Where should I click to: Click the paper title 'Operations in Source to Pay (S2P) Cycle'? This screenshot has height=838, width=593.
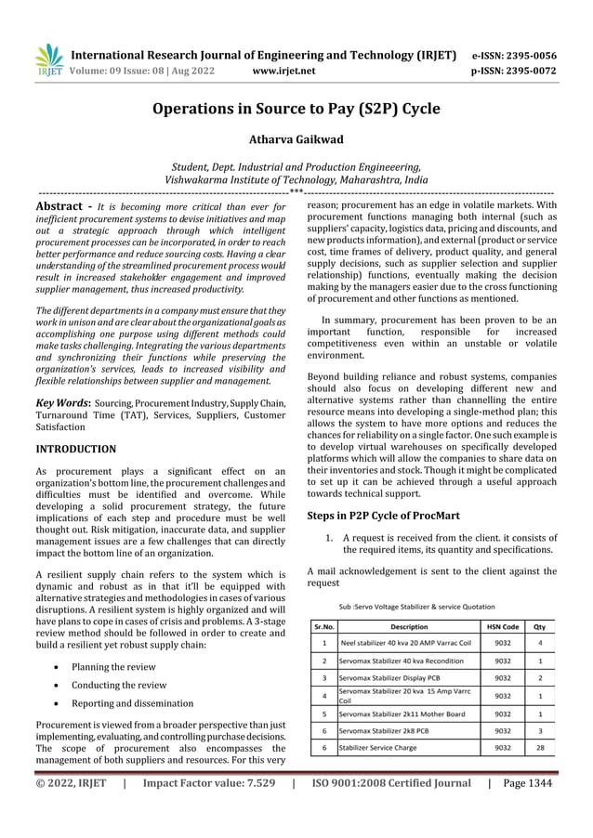[296, 110]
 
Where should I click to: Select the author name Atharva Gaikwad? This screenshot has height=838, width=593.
[296, 141]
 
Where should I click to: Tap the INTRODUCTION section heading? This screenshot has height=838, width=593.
[75, 450]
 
